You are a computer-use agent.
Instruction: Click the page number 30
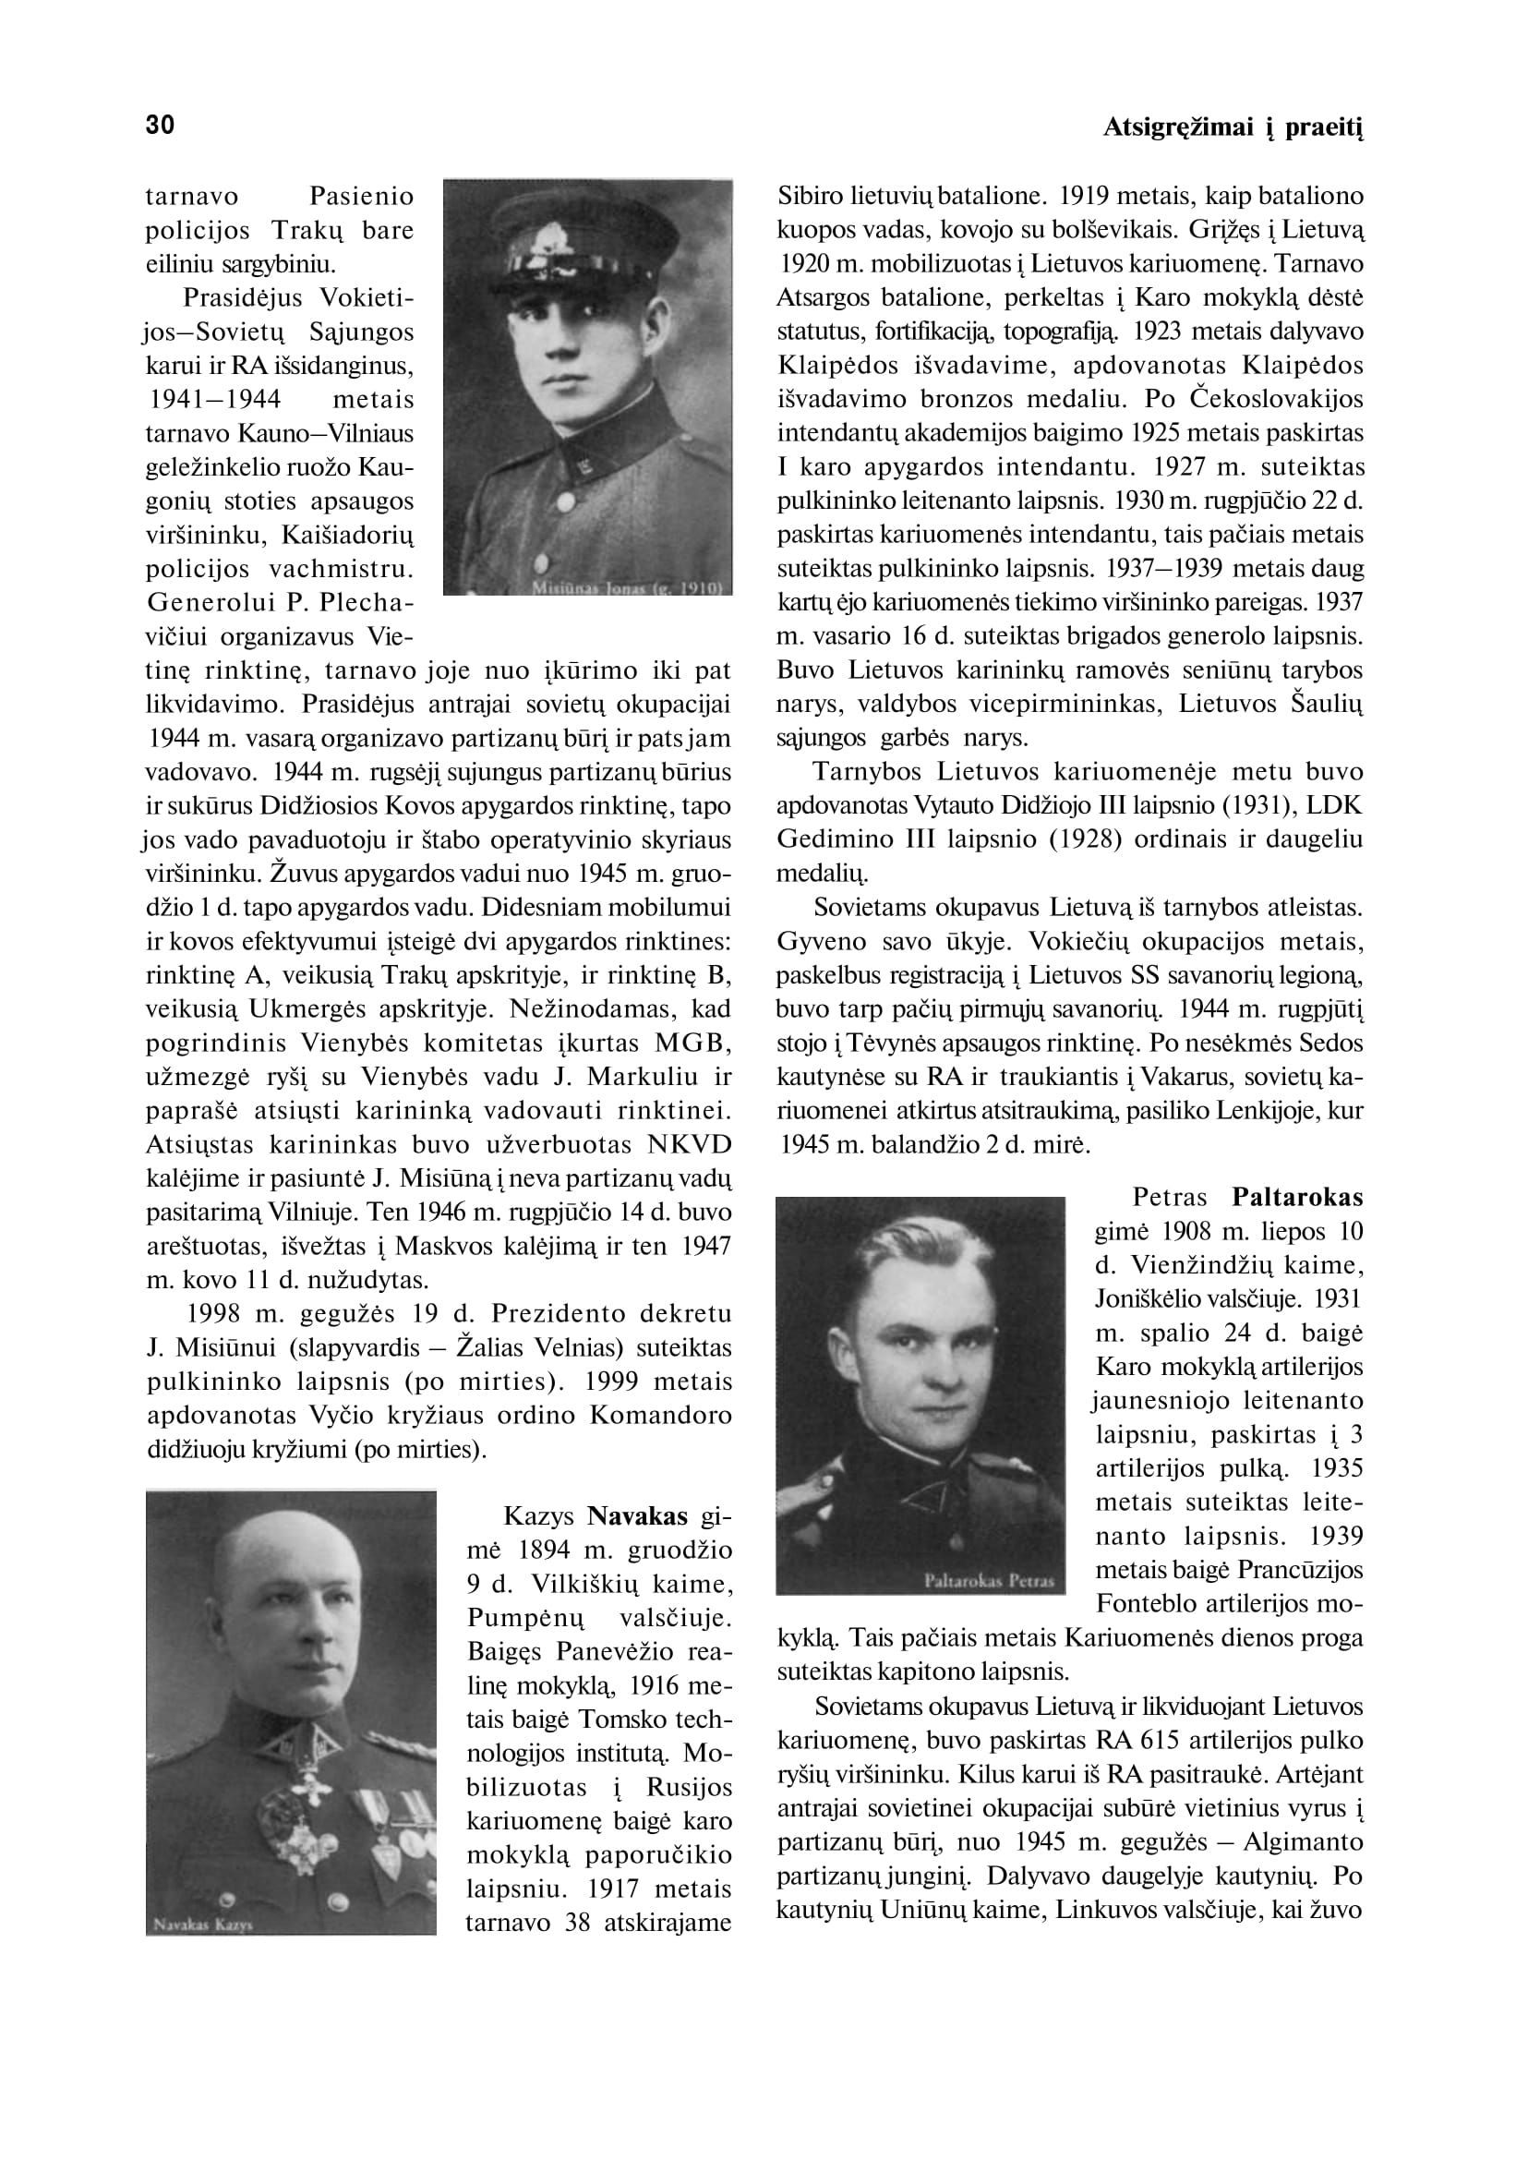point(160,126)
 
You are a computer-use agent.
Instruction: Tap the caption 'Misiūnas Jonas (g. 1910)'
point(627,587)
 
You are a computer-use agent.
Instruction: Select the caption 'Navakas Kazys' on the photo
point(197,1923)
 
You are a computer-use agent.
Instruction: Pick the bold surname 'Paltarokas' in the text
point(1297,1197)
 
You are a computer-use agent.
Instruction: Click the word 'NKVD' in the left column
point(690,1144)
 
